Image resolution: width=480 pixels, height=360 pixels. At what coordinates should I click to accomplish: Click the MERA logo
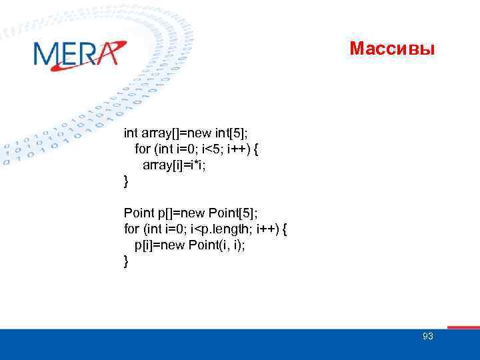click(78, 54)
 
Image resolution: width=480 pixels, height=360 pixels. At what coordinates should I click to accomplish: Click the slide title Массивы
click(392, 49)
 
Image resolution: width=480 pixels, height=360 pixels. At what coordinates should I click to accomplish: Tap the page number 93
click(427, 336)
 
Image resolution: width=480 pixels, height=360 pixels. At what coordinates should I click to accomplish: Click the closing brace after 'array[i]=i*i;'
click(127, 181)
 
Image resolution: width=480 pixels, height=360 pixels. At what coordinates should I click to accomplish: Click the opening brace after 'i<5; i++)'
click(255, 149)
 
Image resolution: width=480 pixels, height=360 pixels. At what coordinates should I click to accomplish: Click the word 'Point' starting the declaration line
click(138, 213)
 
